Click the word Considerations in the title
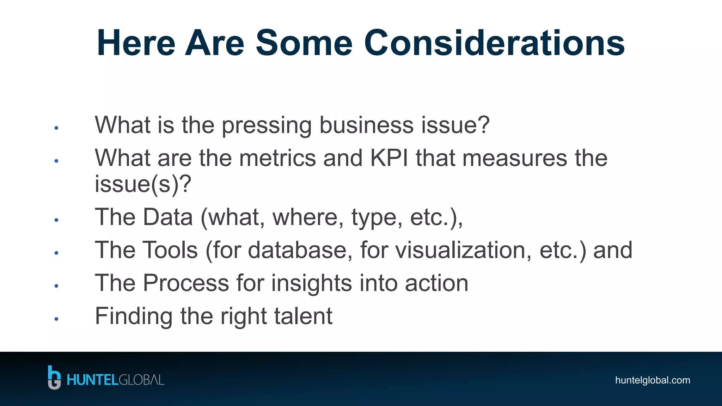(494, 43)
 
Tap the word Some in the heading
(304, 43)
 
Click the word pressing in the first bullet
(267, 125)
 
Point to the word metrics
(277, 158)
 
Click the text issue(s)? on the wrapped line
(143, 184)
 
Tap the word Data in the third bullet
(168, 217)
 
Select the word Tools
(170, 250)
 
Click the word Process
(186, 283)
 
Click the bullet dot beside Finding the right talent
(56, 319)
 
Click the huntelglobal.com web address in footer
(652, 380)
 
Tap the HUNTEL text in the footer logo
(92, 380)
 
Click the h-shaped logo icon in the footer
(54, 377)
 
